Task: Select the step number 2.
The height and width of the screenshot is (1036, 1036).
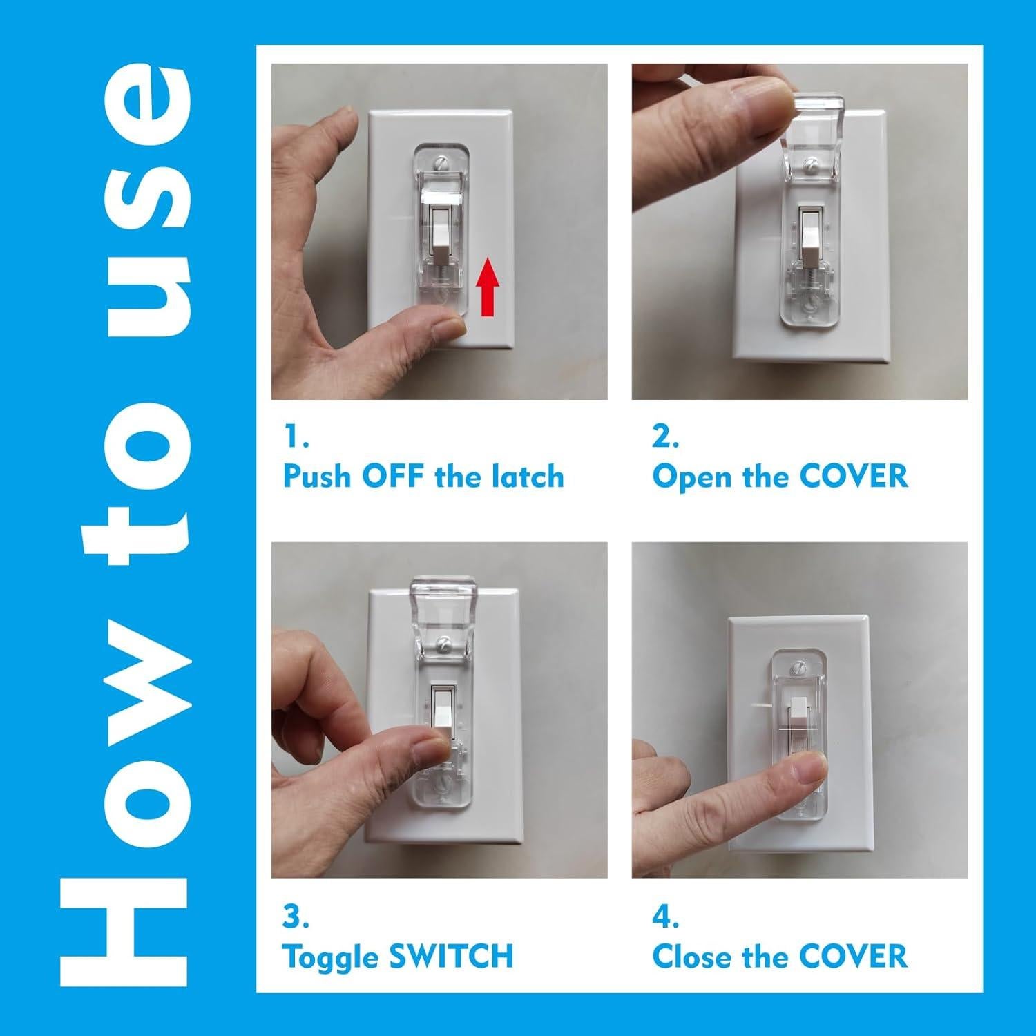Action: coord(665,437)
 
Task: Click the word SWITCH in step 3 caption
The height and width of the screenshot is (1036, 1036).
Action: coord(451,957)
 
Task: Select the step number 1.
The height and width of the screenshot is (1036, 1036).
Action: coord(296,437)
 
